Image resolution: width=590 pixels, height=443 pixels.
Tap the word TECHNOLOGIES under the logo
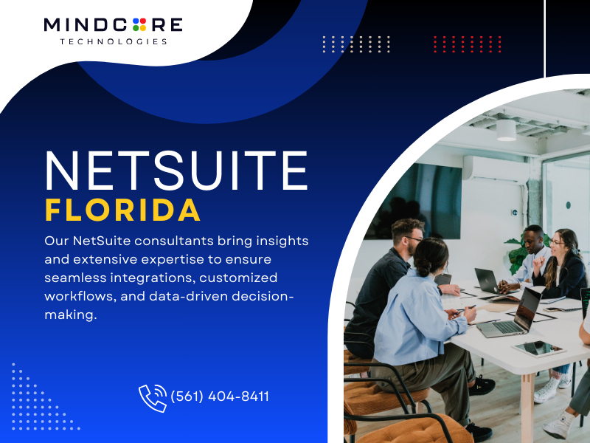[x=114, y=41]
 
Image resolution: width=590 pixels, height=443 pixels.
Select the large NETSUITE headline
[x=176, y=171]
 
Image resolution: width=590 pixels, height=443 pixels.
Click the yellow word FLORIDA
[x=123, y=210]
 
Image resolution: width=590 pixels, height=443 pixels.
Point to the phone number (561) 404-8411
[x=220, y=396]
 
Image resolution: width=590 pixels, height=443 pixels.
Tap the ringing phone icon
[x=153, y=398]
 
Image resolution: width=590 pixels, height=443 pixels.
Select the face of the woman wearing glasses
[x=555, y=243]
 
